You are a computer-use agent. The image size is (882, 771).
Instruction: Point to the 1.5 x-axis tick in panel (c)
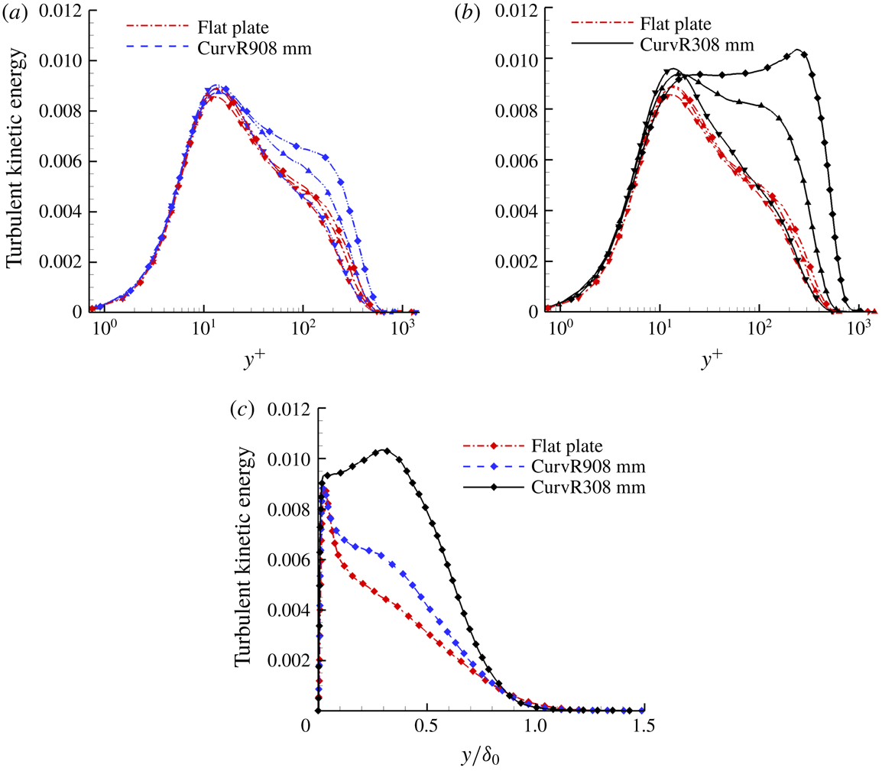pyautogui.click(x=644, y=727)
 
